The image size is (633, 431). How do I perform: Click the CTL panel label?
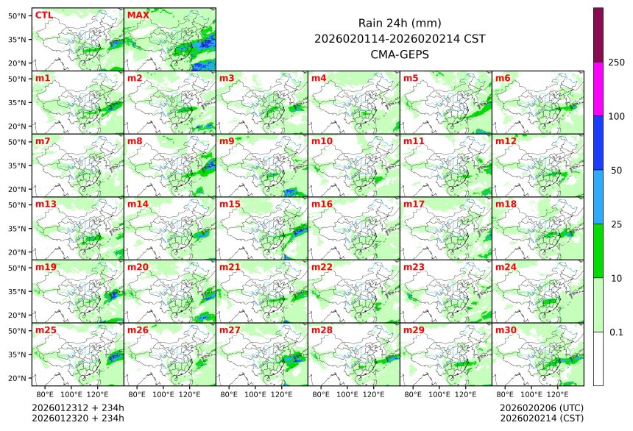tap(44, 15)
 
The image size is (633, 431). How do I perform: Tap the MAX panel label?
tap(138, 15)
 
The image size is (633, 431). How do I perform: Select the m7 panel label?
tap(43, 140)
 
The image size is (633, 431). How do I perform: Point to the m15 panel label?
tap(230, 204)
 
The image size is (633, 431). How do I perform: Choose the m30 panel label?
tap(506, 330)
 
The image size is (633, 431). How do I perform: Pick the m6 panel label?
tap(503, 78)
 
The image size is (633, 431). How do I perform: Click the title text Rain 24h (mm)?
tap(399, 24)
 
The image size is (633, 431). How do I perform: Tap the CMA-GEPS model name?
tap(399, 54)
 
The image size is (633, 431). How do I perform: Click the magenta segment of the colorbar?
tap(598, 88)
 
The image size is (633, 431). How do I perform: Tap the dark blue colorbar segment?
tap(598, 143)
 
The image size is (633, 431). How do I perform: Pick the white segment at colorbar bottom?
tap(598, 358)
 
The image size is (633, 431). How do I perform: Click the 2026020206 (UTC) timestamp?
tap(541, 407)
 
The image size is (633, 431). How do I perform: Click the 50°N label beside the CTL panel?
tap(18, 15)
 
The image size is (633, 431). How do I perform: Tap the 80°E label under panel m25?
tap(54, 395)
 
